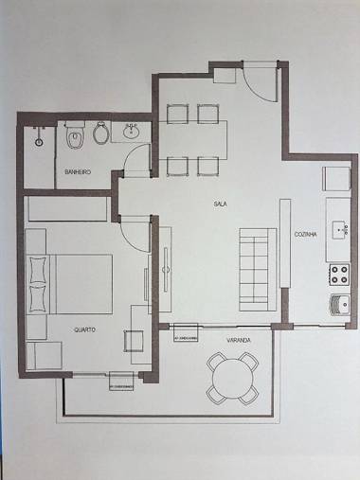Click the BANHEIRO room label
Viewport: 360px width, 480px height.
(x=77, y=172)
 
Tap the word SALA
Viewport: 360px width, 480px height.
(x=219, y=203)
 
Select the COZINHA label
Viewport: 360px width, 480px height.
(x=304, y=234)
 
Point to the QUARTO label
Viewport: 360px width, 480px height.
(x=84, y=329)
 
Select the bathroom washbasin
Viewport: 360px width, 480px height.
(x=130, y=133)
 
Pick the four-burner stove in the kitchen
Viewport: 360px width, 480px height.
(x=339, y=275)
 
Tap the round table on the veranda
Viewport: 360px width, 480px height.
(x=234, y=378)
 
